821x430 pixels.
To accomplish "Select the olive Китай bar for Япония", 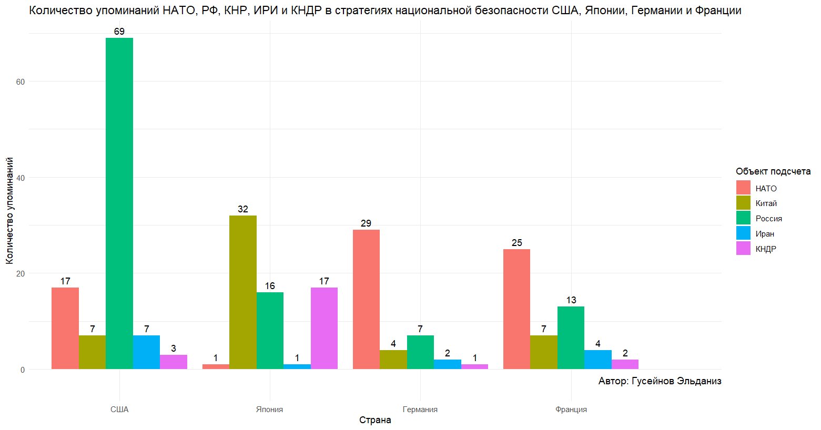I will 243,292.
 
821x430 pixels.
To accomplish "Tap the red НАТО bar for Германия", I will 366,300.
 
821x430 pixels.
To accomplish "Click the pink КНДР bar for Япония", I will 324,328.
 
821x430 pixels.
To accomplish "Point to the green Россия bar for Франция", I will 571,337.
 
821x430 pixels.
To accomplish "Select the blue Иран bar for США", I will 146,352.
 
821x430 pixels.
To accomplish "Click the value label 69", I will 119,32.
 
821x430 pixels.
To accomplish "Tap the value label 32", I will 243,209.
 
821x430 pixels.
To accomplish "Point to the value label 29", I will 366,223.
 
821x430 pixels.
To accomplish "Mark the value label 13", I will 571,300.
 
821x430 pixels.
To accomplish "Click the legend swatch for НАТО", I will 743,188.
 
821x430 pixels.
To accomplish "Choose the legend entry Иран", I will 765,234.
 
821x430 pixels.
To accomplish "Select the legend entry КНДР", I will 766,249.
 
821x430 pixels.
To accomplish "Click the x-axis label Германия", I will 420,409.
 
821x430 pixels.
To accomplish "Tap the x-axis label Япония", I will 269,409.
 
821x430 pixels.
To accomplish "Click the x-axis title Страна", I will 375,420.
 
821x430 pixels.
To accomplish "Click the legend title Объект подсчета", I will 773,171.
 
